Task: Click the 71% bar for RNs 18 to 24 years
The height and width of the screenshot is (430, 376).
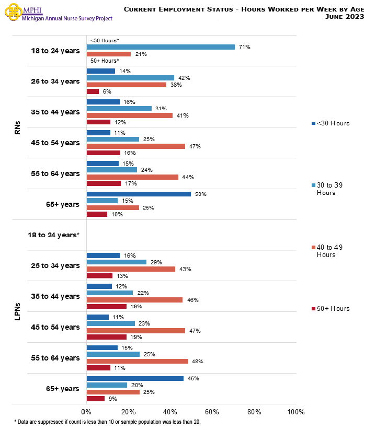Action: click(x=161, y=47)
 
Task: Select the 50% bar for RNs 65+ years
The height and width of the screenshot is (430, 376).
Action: click(x=139, y=194)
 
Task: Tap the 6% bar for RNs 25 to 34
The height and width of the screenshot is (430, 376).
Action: click(x=93, y=91)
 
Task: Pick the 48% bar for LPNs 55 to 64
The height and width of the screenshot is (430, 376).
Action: click(x=137, y=361)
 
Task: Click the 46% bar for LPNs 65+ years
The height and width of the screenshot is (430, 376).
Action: click(x=135, y=378)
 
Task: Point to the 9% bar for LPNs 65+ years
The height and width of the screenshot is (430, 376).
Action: click(x=96, y=399)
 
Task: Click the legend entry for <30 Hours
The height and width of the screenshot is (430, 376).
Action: click(x=331, y=123)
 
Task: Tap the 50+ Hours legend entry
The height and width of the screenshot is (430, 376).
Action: click(x=331, y=309)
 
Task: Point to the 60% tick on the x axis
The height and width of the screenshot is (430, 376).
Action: click(x=212, y=412)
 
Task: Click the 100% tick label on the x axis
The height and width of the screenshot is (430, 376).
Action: click(x=296, y=412)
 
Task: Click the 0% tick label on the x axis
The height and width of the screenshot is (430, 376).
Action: click(x=86, y=412)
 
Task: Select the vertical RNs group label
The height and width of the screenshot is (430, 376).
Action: click(x=17, y=127)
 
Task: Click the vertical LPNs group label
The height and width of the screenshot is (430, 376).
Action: click(x=17, y=312)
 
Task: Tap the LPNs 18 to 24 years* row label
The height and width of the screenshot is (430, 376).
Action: click(x=53, y=235)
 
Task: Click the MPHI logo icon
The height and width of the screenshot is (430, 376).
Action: click(x=12, y=13)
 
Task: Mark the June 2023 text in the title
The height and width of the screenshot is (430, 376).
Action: click(x=345, y=16)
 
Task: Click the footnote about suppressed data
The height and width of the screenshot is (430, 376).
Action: click(x=107, y=422)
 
